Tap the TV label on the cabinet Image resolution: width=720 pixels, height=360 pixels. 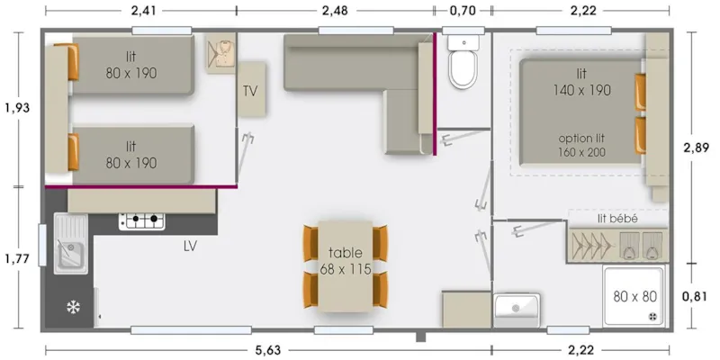pos(251,91)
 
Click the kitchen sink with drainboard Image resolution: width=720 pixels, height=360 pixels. pos(69,243)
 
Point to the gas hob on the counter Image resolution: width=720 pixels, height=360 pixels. pos(142,219)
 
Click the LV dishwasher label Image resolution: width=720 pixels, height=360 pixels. pos(190,245)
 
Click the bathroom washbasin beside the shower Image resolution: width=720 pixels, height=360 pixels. pos(516,308)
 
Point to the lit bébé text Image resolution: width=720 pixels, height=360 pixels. pos(616,218)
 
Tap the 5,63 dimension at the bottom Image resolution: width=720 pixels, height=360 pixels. pos(267,350)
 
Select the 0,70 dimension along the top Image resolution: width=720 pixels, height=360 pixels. pos(462,11)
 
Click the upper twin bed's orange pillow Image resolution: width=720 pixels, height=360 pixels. pos(72,61)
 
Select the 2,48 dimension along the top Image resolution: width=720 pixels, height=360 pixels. pos(338,11)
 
